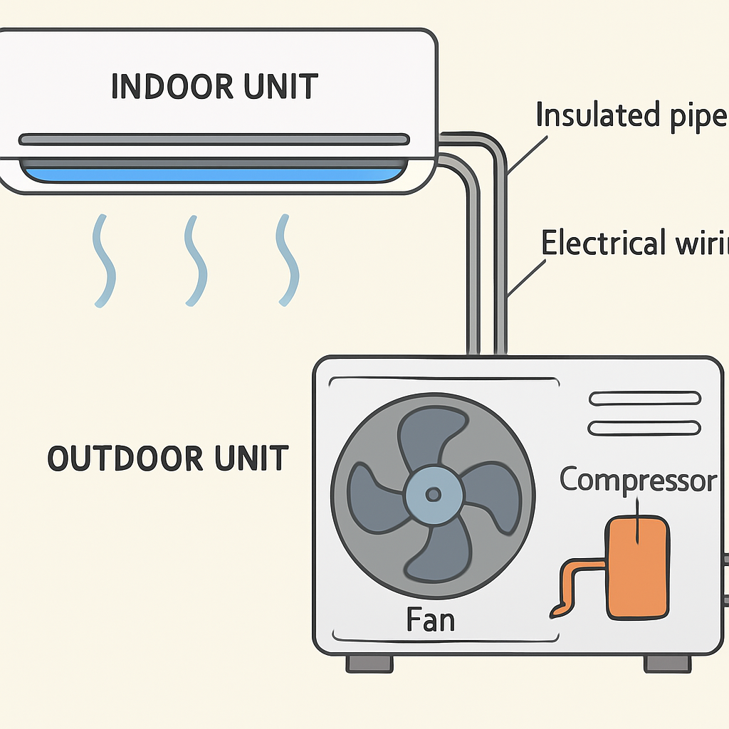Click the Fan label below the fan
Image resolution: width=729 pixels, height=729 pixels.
[x=430, y=620]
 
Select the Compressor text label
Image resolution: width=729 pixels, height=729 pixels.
[x=637, y=481]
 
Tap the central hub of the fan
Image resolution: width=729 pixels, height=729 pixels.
[x=433, y=493]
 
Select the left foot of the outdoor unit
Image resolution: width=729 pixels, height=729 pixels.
[x=369, y=664]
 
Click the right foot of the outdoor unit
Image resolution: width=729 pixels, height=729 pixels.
[x=667, y=664]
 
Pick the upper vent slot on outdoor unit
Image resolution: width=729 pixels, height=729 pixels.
[x=645, y=399]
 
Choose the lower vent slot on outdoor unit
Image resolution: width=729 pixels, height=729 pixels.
[x=645, y=427]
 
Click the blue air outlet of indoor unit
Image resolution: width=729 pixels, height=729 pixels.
[x=214, y=172]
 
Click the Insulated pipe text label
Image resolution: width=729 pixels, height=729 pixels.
[x=630, y=116]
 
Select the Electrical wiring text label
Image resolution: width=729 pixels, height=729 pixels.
[x=634, y=243]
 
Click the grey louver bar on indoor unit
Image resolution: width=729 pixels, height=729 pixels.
[x=214, y=139]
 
